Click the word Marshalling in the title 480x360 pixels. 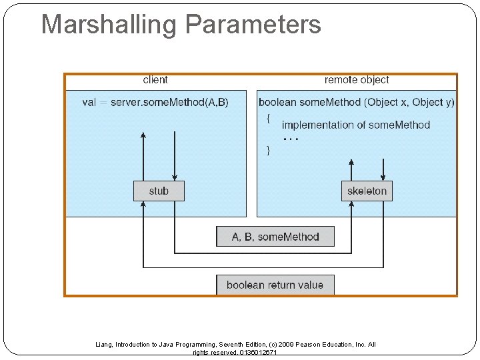110,25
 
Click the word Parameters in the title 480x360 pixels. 253,25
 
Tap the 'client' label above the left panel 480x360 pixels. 155,80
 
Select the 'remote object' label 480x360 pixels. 357,80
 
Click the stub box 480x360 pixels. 159,191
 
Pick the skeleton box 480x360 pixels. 367,191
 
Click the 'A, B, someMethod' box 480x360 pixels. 275,237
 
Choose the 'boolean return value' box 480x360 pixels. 275,285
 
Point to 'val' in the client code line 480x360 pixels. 89,102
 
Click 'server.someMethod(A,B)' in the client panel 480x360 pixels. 169,102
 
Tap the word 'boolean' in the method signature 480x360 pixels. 277,102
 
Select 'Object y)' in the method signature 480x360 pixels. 433,102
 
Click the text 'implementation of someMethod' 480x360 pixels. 356,125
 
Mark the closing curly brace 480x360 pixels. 268,150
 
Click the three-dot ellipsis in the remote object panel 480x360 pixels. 291,139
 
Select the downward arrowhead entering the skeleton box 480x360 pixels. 383,177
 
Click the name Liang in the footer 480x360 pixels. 104,345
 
